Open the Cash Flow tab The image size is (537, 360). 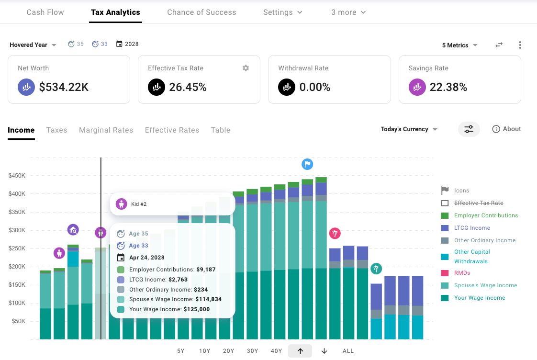click(x=45, y=12)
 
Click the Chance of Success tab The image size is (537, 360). click(x=201, y=12)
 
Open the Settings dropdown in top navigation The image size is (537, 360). click(x=282, y=12)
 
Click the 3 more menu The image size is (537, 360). click(x=348, y=12)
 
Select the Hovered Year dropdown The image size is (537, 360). click(x=33, y=45)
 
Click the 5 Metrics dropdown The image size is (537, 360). click(x=459, y=45)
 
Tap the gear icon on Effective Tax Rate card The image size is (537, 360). click(x=246, y=68)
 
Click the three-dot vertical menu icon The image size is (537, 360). click(x=520, y=45)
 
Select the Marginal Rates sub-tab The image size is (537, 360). click(x=106, y=130)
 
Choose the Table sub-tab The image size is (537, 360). click(x=221, y=130)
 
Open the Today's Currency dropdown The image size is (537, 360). click(x=409, y=129)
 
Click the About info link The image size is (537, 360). click(x=506, y=129)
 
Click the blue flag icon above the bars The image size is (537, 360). click(x=307, y=164)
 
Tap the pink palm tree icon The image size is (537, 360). click(x=335, y=234)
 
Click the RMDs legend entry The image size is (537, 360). click(x=462, y=273)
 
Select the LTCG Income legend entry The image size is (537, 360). click(x=472, y=228)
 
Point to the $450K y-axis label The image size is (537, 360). click(x=17, y=176)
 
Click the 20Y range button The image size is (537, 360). click(x=229, y=351)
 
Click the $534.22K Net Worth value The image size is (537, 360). click(x=64, y=87)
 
